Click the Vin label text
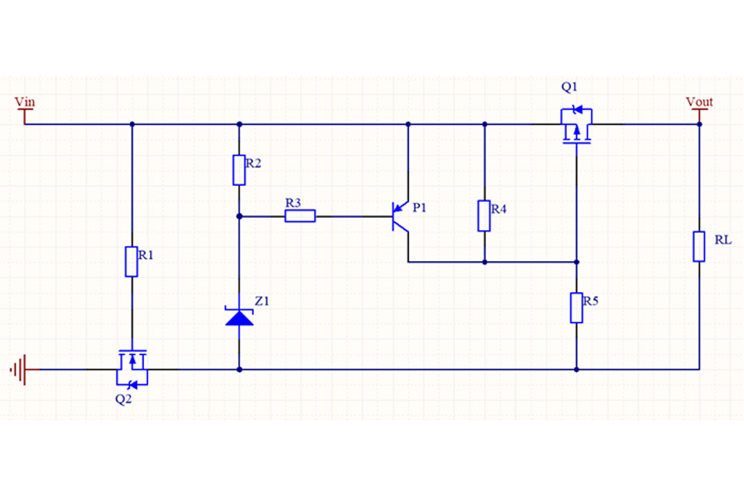tap(25, 102)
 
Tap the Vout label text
tap(699, 102)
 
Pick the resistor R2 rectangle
tap(239, 170)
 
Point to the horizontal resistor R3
tap(300, 216)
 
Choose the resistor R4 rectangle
tap(484, 216)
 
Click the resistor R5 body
tap(577, 308)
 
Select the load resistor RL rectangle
tap(699, 247)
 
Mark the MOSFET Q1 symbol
tap(576, 126)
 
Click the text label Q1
tap(570, 87)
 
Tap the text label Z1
tap(262, 301)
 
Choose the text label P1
tap(420, 207)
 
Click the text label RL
tap(723, 240)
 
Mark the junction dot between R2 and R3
tap(239, 216)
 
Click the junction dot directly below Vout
tap(699, 124)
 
